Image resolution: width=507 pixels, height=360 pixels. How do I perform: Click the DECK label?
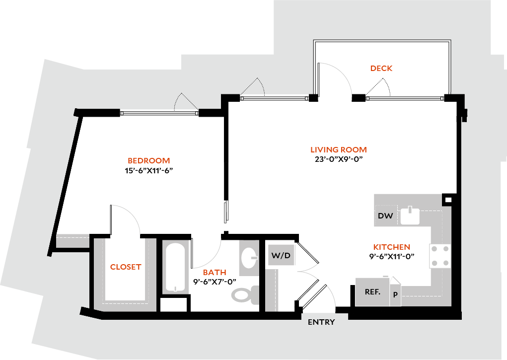tap(381, 69)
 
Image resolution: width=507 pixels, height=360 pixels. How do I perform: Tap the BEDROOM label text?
tap(148, 161)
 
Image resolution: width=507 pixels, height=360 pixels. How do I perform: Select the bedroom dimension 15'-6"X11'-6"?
tap(148, 170)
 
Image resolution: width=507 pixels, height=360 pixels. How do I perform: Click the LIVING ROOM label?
tap(338, 150)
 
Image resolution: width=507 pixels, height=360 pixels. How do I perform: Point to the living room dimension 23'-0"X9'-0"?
tap(338, 159)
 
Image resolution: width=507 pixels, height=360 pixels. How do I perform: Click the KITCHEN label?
tap(391, 247)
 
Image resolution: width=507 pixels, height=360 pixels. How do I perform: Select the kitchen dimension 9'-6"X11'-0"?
tap(391, 257)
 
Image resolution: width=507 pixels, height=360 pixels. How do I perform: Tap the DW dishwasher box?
tap(385, 216)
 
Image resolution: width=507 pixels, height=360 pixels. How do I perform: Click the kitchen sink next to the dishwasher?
tap(410, 216)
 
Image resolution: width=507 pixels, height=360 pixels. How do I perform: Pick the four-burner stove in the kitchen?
tap(439, 256)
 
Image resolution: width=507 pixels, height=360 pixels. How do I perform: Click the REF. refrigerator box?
tap(372, 292)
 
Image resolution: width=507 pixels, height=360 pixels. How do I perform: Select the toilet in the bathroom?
tap(245, 295)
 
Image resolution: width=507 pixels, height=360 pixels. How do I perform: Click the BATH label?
tap(215, 273)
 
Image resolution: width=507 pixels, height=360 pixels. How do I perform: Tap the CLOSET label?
tap(126, 267)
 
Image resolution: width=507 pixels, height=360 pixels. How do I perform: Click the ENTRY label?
tap(321, 322)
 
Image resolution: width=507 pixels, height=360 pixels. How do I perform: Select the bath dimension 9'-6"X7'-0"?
tap(215, 282)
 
